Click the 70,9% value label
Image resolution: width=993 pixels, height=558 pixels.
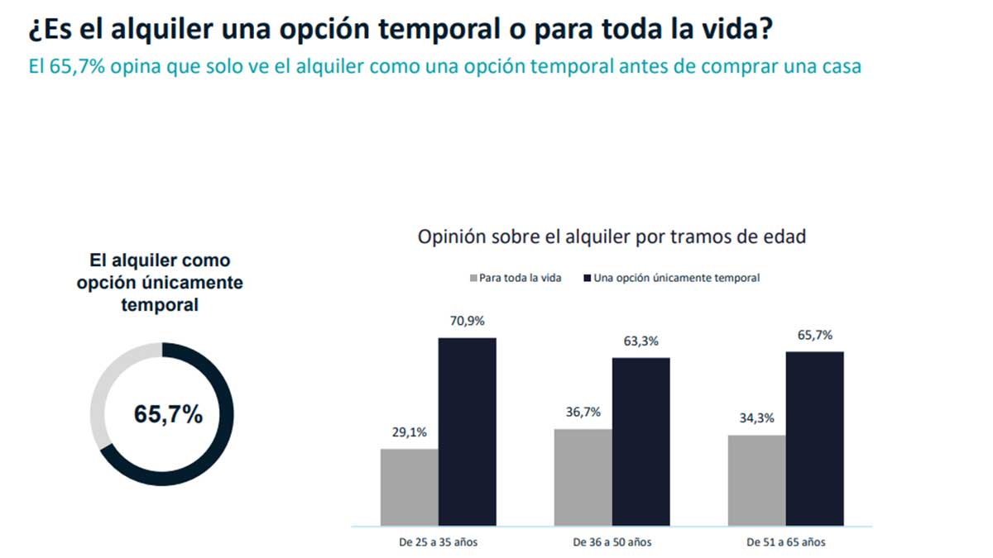467,322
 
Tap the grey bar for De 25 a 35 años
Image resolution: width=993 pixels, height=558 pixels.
409,487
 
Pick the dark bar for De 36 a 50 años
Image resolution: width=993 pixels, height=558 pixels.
640,441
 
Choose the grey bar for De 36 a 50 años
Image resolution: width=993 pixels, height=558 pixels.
583,477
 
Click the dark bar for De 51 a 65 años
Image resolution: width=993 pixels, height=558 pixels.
814,438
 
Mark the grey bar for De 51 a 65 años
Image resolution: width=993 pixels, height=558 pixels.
756,480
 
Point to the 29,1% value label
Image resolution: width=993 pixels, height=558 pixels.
410,432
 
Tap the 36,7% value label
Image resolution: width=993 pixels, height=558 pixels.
583,413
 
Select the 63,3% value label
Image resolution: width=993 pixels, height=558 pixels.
641,341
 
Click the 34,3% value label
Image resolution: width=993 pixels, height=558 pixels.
757,418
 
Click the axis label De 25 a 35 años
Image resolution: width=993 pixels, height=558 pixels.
438,543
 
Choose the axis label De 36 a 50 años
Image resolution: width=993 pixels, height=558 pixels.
612,543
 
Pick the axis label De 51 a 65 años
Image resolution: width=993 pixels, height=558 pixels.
785,543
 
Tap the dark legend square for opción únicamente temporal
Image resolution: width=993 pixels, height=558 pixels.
587,278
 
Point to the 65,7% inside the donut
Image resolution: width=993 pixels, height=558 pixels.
168,415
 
